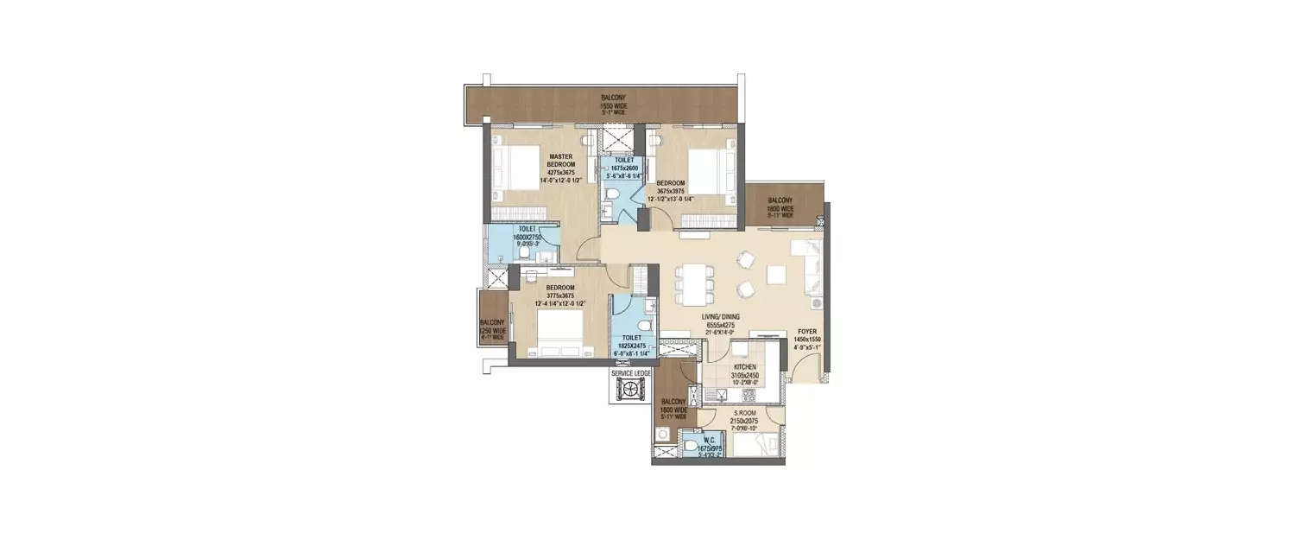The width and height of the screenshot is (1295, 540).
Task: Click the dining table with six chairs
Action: coord(696,283)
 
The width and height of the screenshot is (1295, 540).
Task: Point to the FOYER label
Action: coord(807,330)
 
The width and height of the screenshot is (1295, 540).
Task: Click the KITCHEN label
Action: coord(745,366)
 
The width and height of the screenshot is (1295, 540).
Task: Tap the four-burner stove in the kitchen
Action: coord(749,395)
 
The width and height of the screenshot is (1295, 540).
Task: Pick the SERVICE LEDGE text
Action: coord(632,372)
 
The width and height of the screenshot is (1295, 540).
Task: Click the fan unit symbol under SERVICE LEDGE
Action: coord(632,391)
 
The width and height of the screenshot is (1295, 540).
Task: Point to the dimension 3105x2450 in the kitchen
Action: coord(745,376)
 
